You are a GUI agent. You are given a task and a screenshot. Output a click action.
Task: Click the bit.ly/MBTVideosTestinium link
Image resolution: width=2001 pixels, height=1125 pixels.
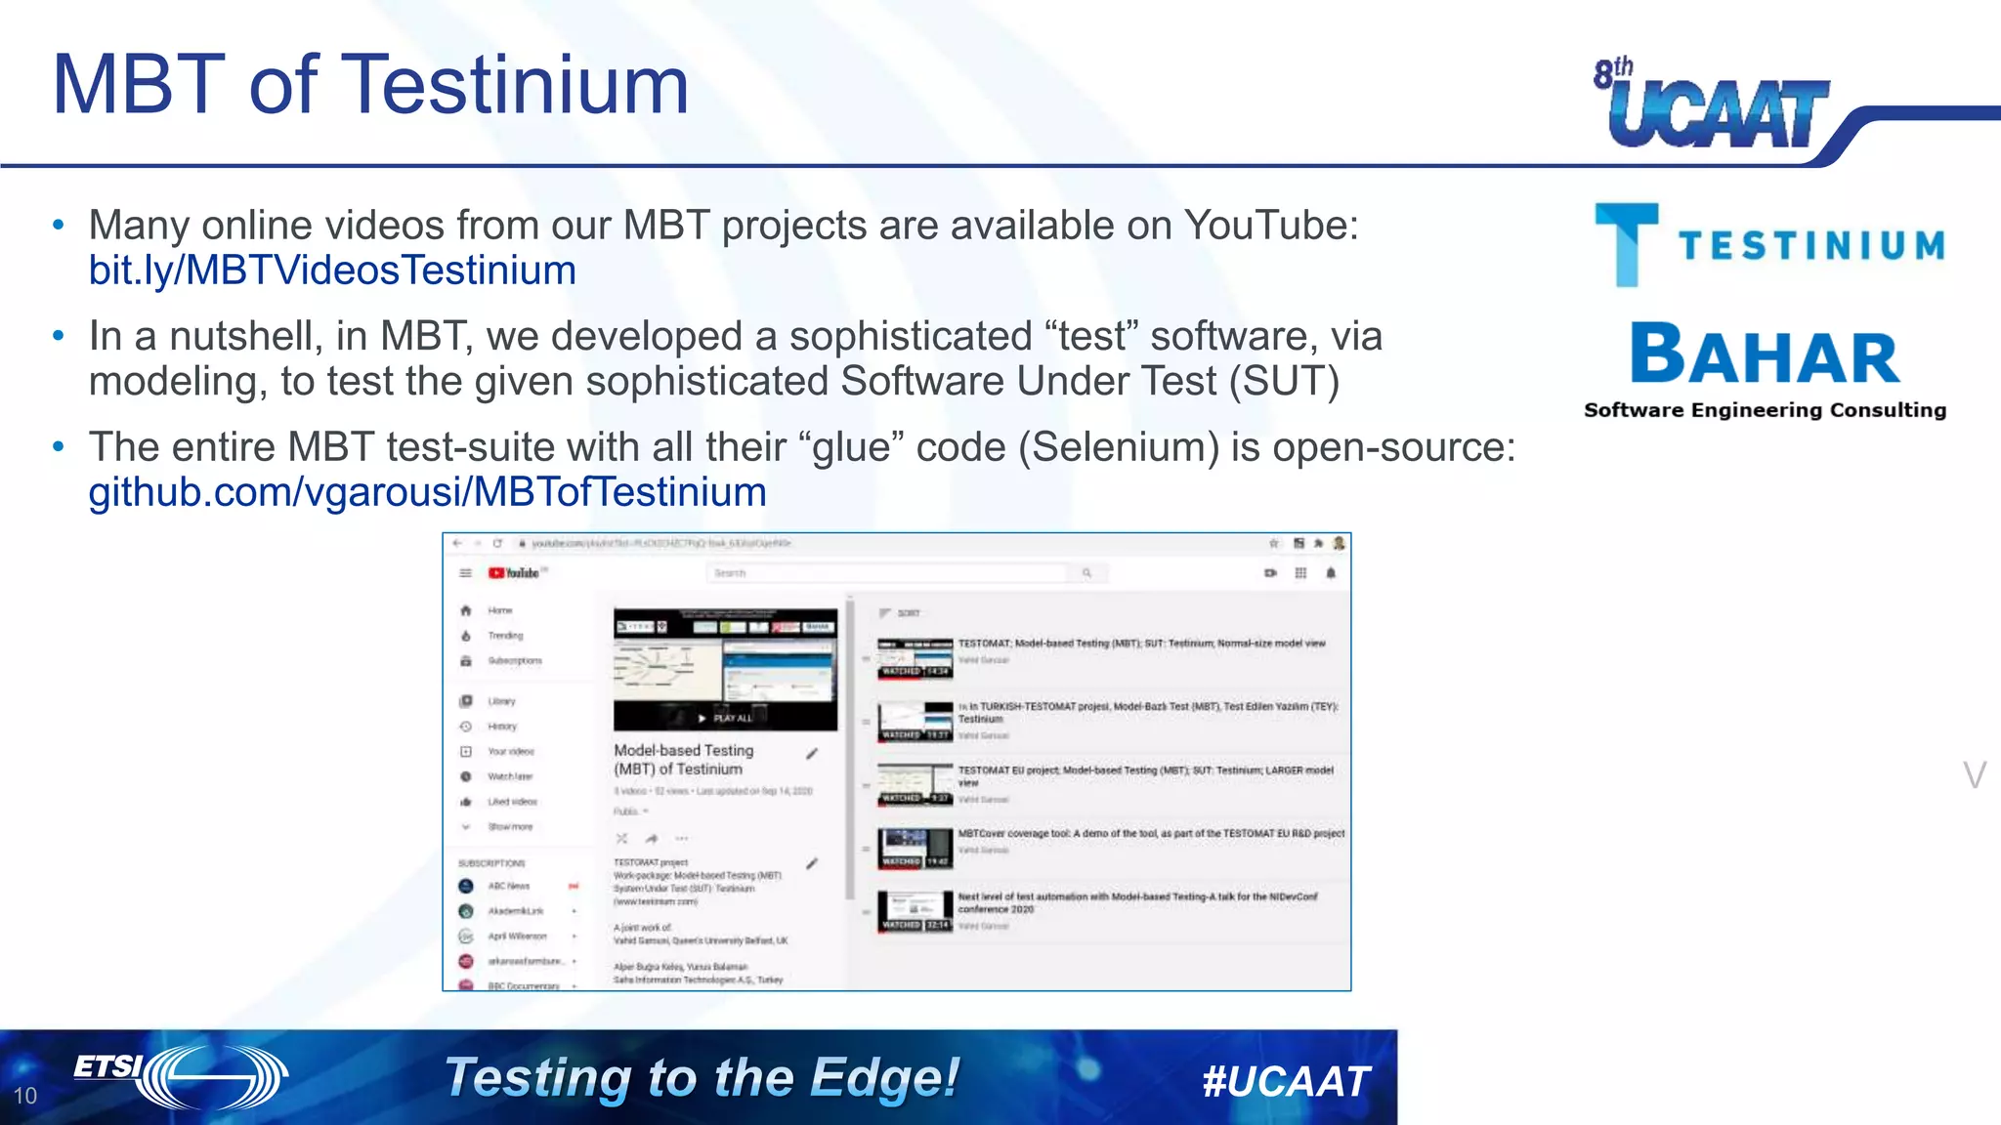click(332, 271)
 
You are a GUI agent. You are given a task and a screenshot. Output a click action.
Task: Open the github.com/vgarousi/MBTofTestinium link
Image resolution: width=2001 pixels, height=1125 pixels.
click(427, 492)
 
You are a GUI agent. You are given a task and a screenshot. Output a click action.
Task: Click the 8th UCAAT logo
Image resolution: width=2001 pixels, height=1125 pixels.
click(1715, 105)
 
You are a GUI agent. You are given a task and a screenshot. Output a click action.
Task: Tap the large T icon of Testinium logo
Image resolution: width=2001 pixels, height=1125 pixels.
click(1626, 243)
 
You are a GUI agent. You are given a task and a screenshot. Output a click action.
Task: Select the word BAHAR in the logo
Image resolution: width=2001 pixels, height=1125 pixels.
click(1765, 355)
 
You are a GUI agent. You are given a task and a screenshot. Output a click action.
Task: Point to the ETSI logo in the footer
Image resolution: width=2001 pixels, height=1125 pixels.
click(181, 1075)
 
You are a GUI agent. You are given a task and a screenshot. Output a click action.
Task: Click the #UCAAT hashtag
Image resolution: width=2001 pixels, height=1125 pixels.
click(1286, 1081)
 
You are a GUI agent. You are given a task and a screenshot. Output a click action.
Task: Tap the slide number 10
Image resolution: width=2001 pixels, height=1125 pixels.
click(25, 1096)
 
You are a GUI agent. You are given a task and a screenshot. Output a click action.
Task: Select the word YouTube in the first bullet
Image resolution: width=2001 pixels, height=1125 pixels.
click(1270, 226)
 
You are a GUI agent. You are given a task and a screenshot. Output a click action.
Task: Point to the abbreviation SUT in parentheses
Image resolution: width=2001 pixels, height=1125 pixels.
click(1283, 381)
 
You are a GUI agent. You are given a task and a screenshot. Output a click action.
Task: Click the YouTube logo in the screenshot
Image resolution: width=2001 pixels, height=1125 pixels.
click(514, 573)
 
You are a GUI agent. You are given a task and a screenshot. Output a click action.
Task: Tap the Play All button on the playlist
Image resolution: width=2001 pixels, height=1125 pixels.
click(726, 718)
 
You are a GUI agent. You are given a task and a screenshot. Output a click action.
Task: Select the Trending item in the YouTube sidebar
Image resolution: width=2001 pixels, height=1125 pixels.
click(505, 636)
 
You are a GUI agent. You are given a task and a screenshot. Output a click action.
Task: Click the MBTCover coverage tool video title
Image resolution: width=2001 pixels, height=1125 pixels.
click(1151, 834)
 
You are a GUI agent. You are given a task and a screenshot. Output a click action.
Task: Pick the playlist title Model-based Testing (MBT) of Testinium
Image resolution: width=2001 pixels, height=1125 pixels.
click(683, 760)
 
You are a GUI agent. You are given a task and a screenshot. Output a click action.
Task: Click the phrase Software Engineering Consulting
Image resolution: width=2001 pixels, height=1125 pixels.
click(1765, 410)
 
